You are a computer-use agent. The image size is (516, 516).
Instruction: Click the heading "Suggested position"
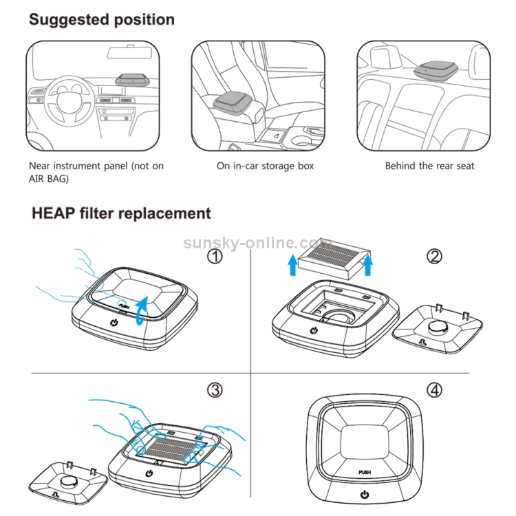tap(101, 19)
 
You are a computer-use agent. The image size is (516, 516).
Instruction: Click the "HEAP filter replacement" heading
tap(121, 213)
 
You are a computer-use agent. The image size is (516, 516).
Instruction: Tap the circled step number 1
tap(216, 257)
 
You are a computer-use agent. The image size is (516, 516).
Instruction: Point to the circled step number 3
tap(215, 390)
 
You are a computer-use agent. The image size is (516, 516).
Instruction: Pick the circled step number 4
tap(434, 390)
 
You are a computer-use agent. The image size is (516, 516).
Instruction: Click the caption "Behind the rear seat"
tap(429, 166)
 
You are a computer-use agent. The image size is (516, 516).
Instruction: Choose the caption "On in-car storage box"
tap(265, 166)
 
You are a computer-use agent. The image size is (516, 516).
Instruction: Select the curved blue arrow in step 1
tap(140, 305)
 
